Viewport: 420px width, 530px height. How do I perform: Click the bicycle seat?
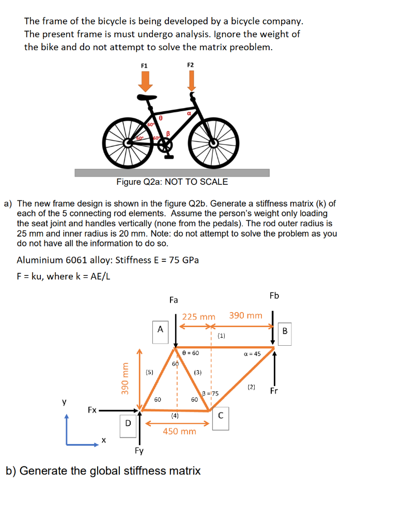[x=147, y=97]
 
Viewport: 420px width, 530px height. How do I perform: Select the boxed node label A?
[x=160, y=329]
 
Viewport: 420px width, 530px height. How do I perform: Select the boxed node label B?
[x=285, y=331]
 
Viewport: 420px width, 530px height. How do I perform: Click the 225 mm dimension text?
[x=198, y=317]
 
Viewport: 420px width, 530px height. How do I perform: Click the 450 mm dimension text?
[x=179, y=431]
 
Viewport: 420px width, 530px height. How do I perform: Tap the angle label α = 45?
[x=252, y=354]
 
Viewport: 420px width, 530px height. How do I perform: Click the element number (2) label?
[x=251, y=387]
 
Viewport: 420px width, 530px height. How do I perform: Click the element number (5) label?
[x=149, y=372]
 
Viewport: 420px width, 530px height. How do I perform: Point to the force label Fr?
[x=274, y=391]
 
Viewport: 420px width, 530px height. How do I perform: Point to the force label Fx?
[x=92, y=410]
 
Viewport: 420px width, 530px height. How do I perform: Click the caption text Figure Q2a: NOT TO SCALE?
[x=172, y=182]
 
